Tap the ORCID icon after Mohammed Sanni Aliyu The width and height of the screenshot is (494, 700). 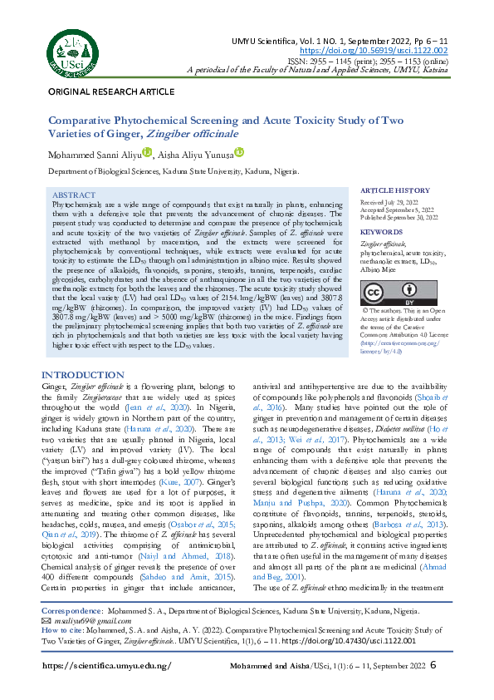click(x=148, y=152)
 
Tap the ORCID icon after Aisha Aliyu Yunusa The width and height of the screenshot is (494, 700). click(x=238, y=152)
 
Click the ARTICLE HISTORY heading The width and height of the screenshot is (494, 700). click(x=395, y=190)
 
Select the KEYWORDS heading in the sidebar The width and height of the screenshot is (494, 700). click(x=382, y=232)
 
